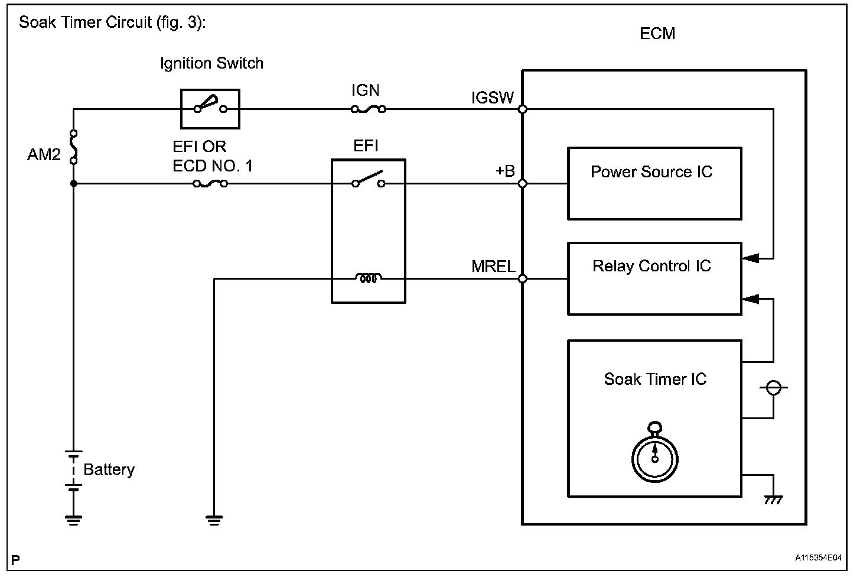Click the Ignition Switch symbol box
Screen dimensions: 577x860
[x=210, y=109]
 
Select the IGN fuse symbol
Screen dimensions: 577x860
[x=369, y=109]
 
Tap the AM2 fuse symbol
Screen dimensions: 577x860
[x=74, y=146]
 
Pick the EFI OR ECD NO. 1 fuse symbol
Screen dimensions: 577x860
[x=210, y=184]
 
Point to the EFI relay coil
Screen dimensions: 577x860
[x=369, y=278]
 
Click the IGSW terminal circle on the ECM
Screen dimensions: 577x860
[x=522, y=109]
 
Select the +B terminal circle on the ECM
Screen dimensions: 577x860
[x=522, y=184]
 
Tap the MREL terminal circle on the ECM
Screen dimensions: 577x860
[x=522, y=278]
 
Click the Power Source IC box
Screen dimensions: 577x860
[x=654, y=184]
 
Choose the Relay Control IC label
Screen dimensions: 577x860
[x=651, y=266]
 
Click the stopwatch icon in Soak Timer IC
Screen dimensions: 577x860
[x=654, y=456]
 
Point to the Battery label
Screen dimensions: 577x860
[x=109, y=469]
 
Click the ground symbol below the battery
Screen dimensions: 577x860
[x=74, y=520]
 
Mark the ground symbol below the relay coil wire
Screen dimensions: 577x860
[x=214, y=520]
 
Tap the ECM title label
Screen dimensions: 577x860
[x=657, y=34]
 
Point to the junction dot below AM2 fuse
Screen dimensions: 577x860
[x=74, y=184]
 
